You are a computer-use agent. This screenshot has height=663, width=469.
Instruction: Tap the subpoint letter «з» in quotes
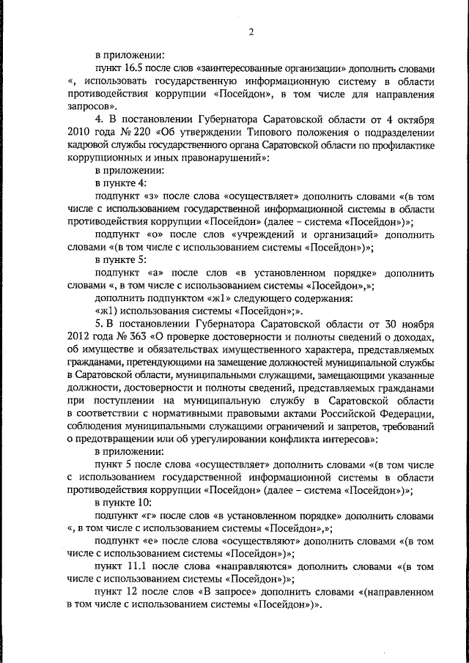click(x=151, y=197)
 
